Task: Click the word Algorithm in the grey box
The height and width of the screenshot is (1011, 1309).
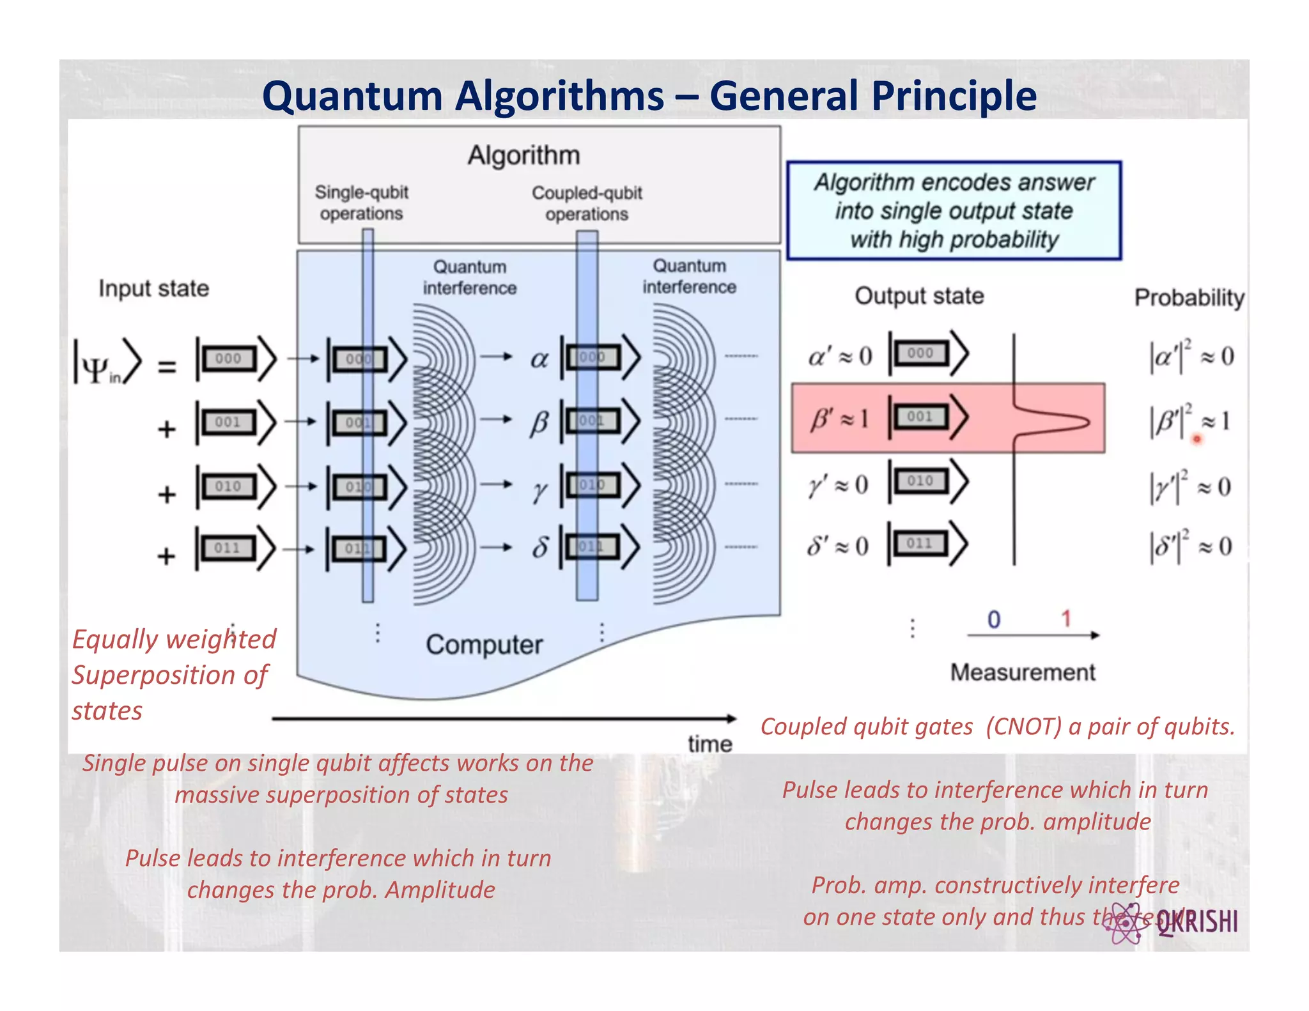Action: tap(523, 155)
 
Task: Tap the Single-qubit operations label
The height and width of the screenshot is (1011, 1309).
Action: tap(361, 203)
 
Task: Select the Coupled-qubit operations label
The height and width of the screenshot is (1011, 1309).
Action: tap(587, 203)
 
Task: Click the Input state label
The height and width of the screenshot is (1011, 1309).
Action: tap(153, 289)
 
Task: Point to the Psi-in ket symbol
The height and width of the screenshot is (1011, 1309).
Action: tap(105, 363)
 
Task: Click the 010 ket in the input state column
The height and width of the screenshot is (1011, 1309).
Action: tap(235, 487)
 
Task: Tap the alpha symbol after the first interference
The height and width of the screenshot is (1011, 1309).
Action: tap(539, 360)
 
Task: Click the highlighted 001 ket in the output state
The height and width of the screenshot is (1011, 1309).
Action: tap(927, 417)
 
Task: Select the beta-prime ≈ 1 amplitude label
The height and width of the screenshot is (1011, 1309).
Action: tap(839, 419)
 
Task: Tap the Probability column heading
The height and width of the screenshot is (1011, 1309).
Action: tap(1189, 298)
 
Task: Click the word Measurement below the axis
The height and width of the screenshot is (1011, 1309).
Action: tap(1022, 672)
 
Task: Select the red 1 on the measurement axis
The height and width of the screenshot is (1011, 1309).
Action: tap(1065, 619)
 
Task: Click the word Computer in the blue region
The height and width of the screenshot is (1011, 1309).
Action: tap(484, 645)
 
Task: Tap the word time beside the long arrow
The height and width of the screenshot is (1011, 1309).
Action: tap(709, 744)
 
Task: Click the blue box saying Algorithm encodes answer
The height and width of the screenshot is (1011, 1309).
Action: tap(954, 211)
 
